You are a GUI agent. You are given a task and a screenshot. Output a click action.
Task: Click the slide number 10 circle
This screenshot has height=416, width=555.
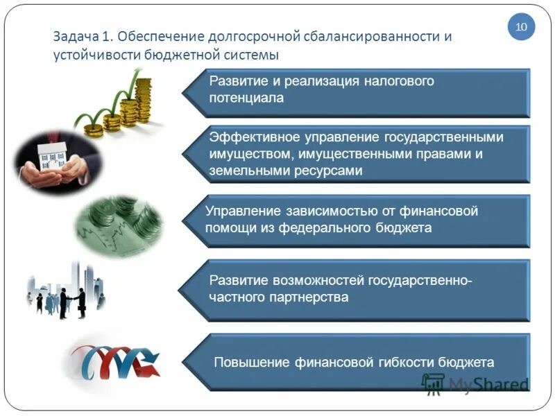[521, 27]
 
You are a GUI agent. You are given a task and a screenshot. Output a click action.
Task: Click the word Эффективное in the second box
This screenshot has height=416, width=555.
[249, 137]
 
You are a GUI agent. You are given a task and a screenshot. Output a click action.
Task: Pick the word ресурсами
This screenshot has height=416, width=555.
[325, 169]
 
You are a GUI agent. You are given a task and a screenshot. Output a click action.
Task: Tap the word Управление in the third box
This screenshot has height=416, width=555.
[240, 211]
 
